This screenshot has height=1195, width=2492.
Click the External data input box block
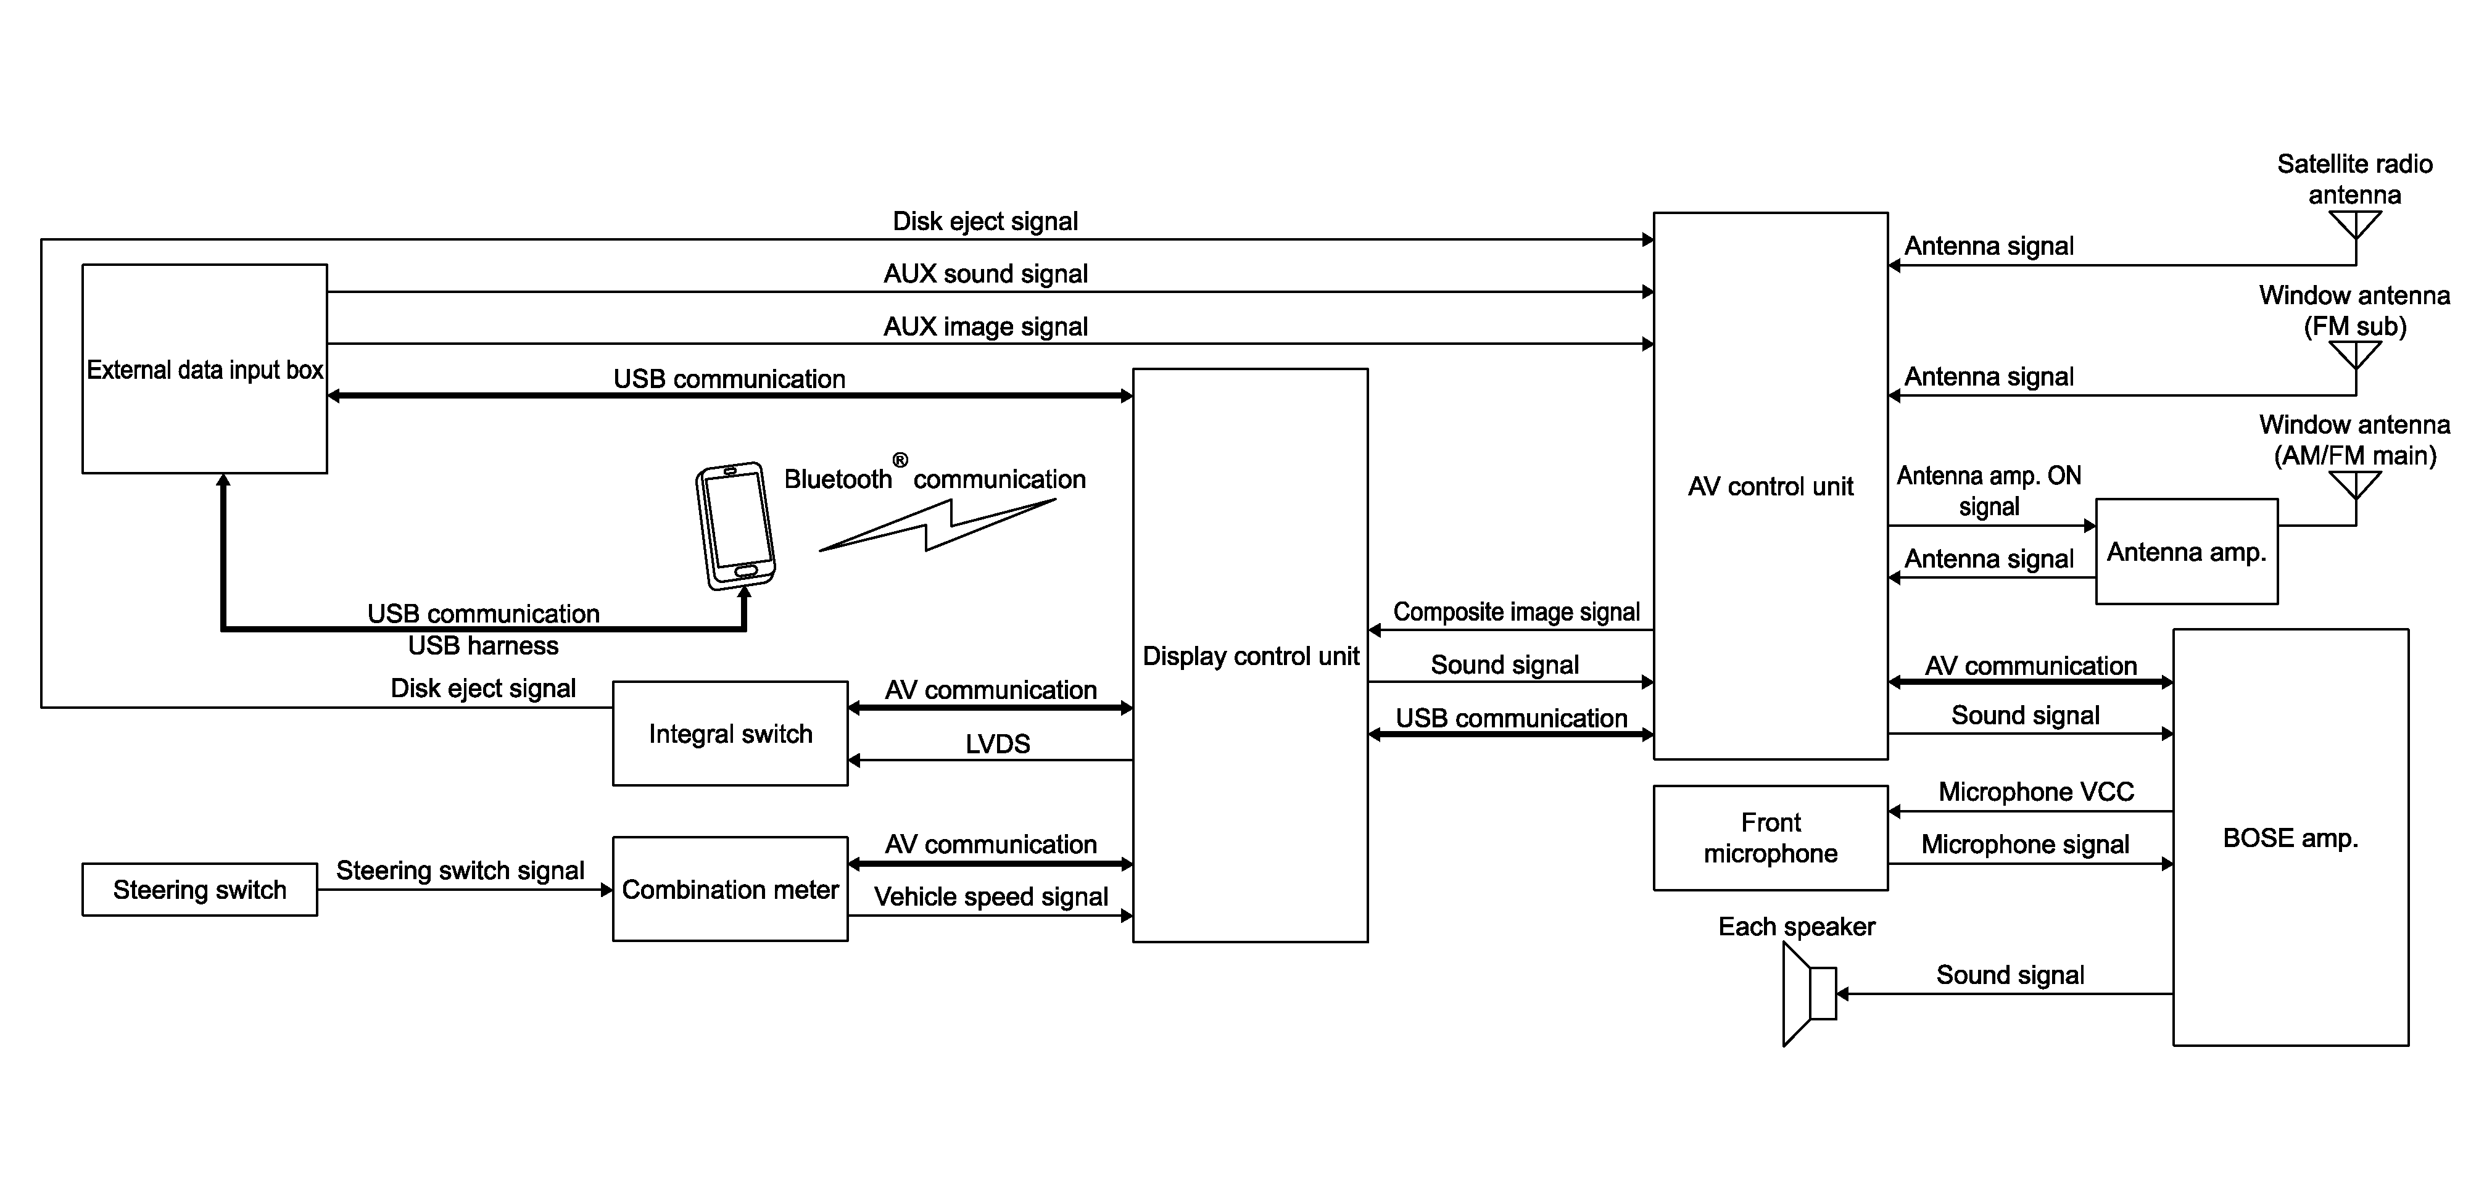coord(204,369)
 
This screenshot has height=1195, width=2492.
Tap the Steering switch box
coord(199,889)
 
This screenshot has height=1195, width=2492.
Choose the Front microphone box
coord(1770,838)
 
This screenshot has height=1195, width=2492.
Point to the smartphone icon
coord(735,526)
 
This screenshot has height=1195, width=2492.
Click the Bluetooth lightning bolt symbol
coord(937,526)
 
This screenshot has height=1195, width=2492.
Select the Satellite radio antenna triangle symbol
coord(2354,225)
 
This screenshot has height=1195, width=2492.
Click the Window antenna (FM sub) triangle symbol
coord(2354,356)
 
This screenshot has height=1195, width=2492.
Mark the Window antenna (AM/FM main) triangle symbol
coord(2354,486)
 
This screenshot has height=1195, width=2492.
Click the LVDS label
coord(998,743)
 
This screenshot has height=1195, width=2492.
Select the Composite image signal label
coord(1516,611)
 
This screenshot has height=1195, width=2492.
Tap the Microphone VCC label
coord(2035,792)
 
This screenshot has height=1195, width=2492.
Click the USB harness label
coord(482,645)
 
